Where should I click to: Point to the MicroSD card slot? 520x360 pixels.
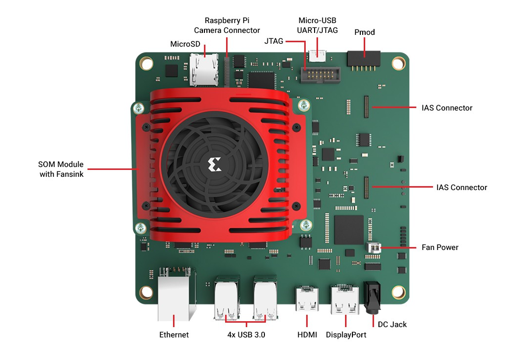(204, 69)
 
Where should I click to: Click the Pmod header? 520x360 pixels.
(364, 60)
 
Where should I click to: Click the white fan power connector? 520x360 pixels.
(374, 247)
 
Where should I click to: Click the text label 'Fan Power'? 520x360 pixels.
(440, 247)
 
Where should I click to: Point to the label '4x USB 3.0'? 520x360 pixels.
(246, 335)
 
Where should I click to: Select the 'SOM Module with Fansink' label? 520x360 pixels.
(61, 168)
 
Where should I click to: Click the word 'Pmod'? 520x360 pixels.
(364, 32)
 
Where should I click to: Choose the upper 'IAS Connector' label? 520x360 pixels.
(447, 108)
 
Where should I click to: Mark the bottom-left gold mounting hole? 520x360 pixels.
(146, 293)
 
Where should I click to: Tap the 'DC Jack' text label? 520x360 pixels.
(392, 324)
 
